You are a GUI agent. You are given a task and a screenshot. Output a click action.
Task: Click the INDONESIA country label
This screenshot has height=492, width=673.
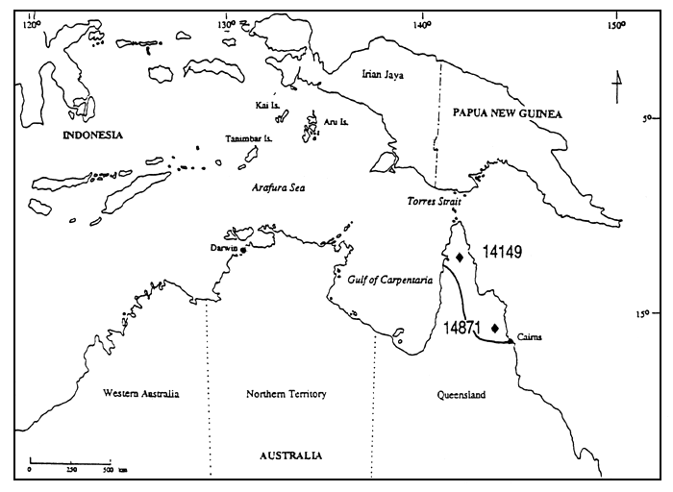[93, 135]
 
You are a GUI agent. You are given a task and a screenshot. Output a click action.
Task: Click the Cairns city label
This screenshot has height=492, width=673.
[529, 336]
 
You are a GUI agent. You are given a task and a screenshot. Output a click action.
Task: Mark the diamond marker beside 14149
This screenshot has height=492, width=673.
[460, 258]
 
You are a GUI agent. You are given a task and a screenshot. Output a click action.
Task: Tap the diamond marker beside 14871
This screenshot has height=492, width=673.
[495, 328]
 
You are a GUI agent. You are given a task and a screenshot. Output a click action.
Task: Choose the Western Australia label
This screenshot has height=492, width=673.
[141, 394]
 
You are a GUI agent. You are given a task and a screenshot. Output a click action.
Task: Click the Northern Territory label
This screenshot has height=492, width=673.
[287, 394]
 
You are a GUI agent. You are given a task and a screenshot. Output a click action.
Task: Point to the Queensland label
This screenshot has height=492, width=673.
[461, 395]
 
